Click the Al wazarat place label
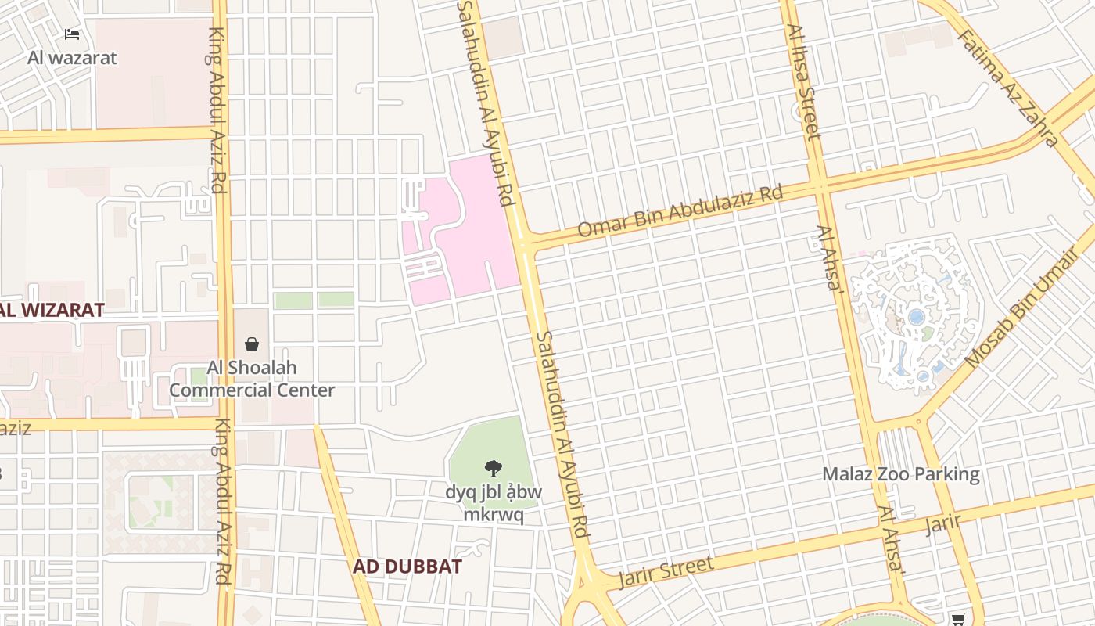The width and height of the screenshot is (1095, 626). [72, 57]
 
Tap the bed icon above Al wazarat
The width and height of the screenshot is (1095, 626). [72, 34]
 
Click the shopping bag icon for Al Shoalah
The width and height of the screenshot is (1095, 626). [252, 344]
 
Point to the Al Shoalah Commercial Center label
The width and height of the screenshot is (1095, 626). [252, 379]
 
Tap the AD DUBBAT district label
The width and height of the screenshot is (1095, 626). [407, 567]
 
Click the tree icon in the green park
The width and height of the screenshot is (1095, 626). [493, 469]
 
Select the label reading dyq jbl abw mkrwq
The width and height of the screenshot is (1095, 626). [493, 503]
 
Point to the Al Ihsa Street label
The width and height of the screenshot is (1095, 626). [804, 81]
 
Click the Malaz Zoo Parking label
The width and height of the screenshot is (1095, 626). [901, 474]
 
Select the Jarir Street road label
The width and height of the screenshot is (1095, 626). [666, 573]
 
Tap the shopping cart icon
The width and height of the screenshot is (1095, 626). [958, 619]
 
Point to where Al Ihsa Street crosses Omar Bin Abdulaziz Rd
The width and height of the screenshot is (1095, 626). [819, 186]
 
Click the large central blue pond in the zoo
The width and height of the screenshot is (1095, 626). [916, 318]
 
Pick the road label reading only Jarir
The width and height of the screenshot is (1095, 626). [942, 523]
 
